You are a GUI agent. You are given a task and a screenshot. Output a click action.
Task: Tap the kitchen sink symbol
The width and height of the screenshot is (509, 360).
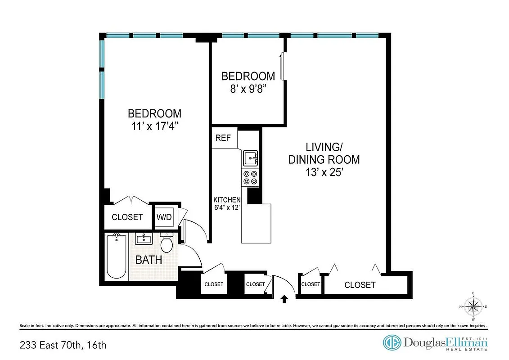tap(250, 158)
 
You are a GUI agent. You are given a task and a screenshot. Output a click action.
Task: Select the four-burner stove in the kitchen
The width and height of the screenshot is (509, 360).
tap(250, 178)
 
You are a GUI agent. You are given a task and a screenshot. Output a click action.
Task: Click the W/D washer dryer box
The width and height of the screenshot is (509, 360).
tap(164, 217)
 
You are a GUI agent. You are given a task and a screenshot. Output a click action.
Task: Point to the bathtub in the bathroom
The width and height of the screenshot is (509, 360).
tap(117, 256)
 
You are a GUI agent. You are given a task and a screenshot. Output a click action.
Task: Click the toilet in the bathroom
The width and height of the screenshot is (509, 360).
tap(167, 243)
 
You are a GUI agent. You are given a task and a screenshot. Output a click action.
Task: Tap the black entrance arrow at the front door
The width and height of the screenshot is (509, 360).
tap(284, 298)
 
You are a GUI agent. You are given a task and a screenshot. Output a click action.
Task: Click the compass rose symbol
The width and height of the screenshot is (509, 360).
tap(473, 307)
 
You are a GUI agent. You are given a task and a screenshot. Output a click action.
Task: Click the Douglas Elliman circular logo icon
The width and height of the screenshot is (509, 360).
tap(392, 342)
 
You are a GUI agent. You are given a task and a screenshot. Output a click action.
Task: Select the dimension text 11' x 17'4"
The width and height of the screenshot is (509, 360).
tap(154, 126)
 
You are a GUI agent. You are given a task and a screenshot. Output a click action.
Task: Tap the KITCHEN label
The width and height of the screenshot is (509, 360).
tap(227, 200)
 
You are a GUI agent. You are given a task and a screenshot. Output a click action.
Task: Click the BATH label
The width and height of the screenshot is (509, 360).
tap(149, 260)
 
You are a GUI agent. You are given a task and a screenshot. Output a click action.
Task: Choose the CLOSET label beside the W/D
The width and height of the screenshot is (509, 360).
tap(127, 217)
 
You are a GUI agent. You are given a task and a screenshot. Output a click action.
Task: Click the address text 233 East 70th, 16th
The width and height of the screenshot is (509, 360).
tap(63, 346)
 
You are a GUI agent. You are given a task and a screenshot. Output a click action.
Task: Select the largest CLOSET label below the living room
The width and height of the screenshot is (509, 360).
tap(360, 285)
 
